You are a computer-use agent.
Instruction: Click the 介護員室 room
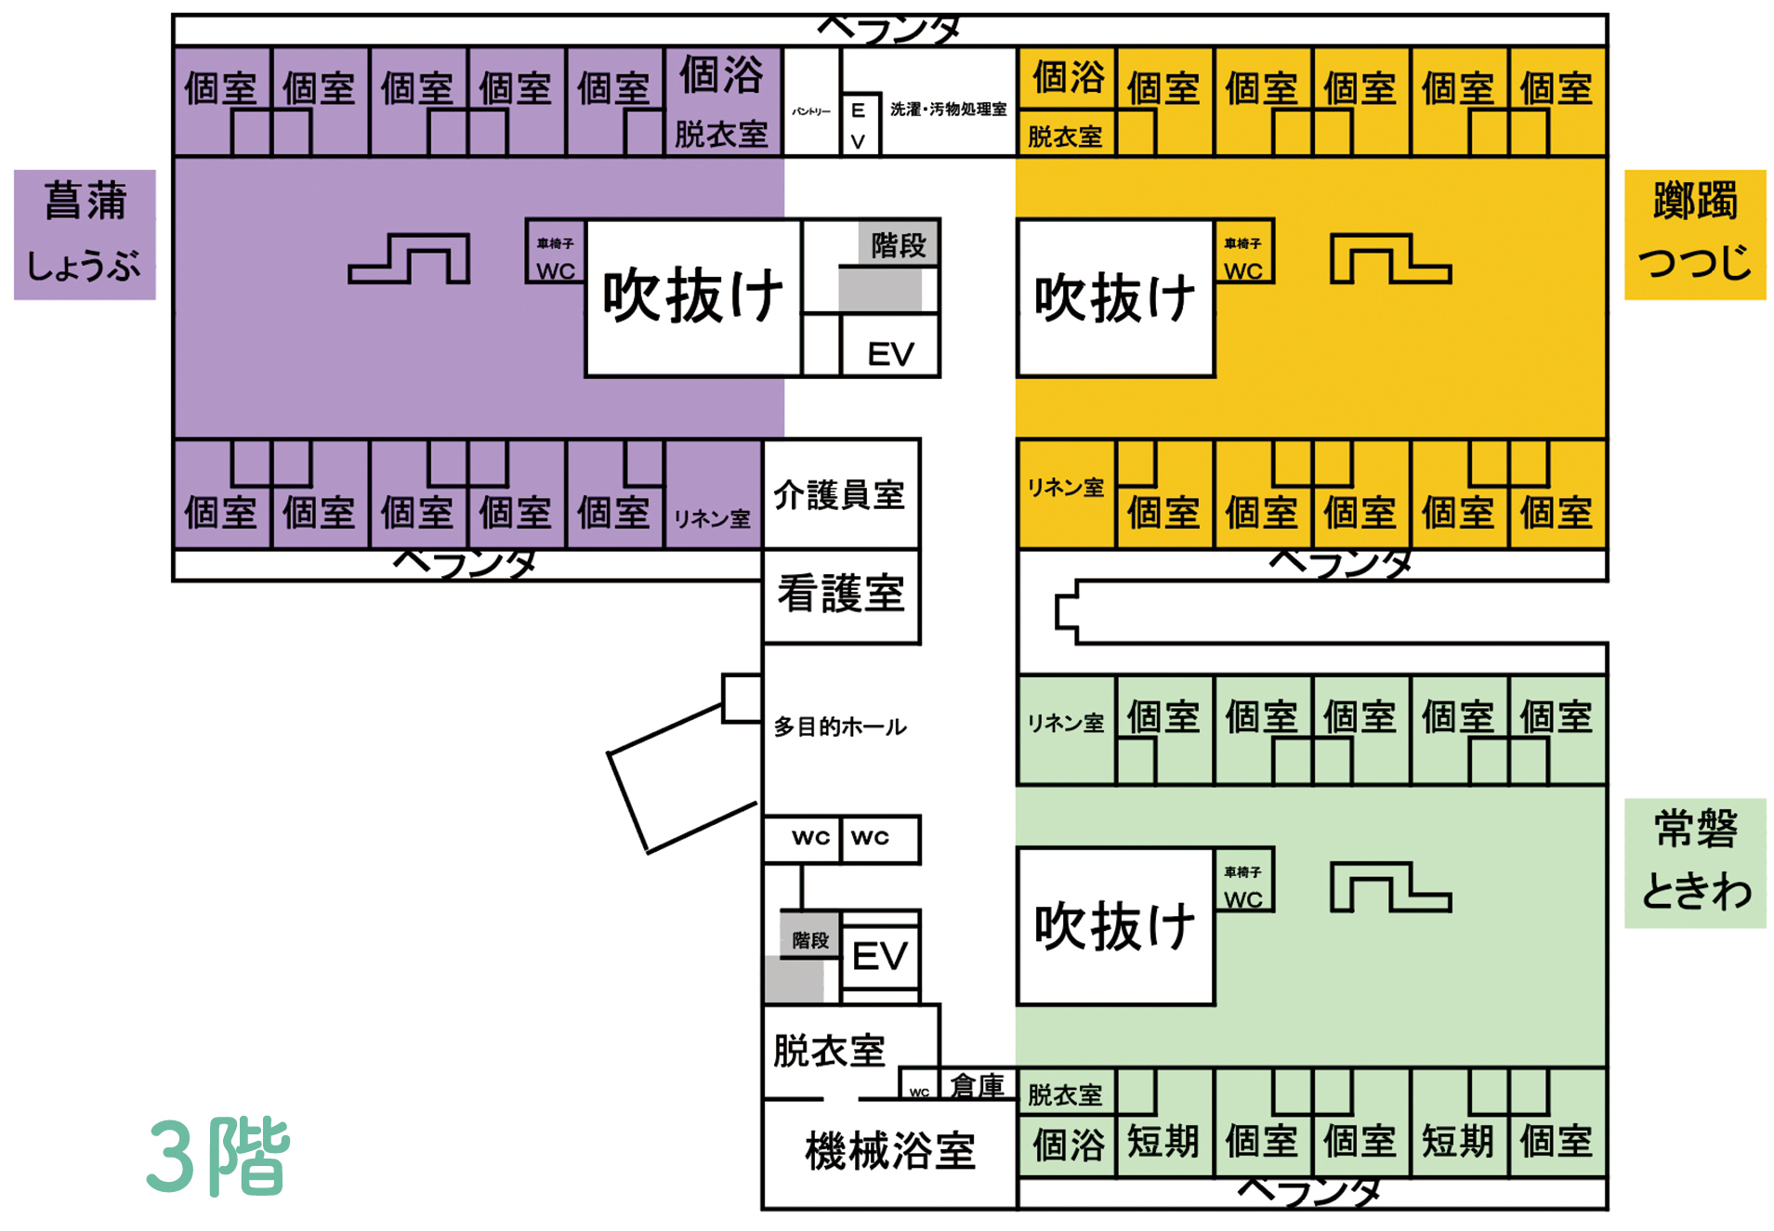click(x=840, y=494)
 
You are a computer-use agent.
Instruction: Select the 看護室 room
click(x=840, y=595)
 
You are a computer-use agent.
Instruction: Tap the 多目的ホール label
click(x=840, y=727)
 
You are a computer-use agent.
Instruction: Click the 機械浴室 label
click(x=889, y=1152)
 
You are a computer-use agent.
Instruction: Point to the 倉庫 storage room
click(x=977, y=1085)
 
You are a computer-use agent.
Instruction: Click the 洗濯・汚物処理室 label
click(x=948, y=110)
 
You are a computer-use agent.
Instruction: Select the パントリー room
click(x=811, y=111)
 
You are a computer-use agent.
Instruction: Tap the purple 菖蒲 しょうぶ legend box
click(x=85, y=234)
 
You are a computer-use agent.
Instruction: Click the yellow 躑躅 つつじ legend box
click(x=1694, y=234)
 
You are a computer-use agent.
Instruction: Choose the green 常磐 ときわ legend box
click(x=1694, y=862)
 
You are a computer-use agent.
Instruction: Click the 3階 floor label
click(x=219, y=1157)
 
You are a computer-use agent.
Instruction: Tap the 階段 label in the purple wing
click(x=898, y=245)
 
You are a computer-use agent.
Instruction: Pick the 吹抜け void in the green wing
click(x=1114, y=926)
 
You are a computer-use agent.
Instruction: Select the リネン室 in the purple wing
click(x=712, y=517)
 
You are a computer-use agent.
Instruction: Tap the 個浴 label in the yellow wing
click(x=1068, y=77)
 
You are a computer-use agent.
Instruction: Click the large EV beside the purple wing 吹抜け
click(x=890, y=353)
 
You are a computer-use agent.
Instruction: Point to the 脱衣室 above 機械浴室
click(x=829, y=1051)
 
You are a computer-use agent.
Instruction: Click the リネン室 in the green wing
click(x=1065, y=723)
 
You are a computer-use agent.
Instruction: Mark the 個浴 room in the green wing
click(x=1068, y=1144)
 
